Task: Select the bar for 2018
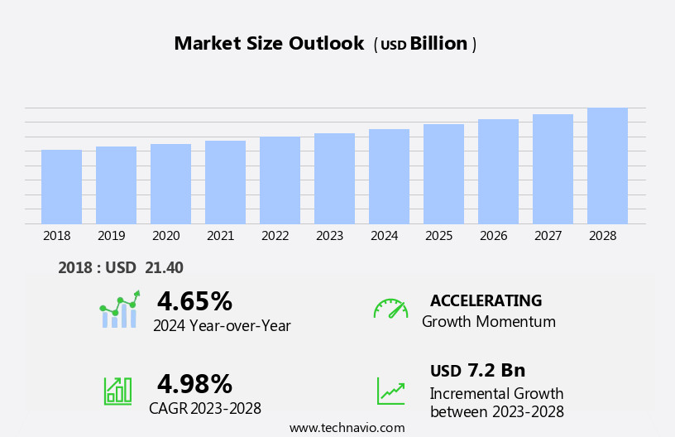(61, 187)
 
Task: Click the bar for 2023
(334, 179)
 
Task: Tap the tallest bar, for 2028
(607, 166)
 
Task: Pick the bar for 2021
(225, 182)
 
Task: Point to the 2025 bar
(443, 174)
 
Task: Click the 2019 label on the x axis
(111, 236)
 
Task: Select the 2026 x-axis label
(493, 236)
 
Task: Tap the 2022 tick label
(275, 236)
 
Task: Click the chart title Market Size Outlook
(269, 44)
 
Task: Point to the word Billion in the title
(438, 44)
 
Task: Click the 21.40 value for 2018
(164, 267)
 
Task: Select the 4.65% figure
(194, 301)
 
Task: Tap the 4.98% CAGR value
(194, 384)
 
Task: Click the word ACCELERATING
(486, 300)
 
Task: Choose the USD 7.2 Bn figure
(477, 370)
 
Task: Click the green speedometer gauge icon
(390, 309)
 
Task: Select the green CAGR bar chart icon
(117, 390)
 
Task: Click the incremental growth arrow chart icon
(390, 391)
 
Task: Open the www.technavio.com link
(347, 427)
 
